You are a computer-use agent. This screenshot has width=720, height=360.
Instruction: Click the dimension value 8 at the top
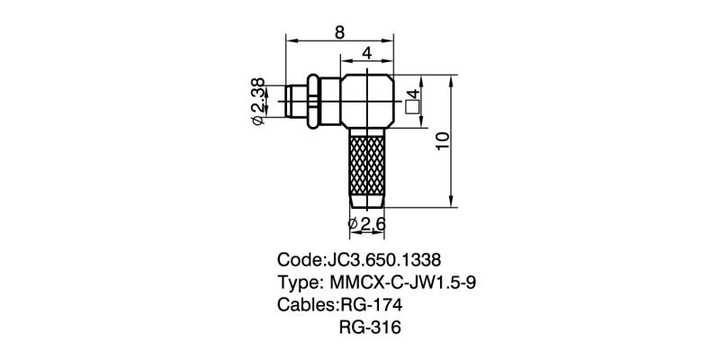(339, 32)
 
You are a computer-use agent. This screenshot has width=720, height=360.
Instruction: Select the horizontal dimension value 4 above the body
(367, 53)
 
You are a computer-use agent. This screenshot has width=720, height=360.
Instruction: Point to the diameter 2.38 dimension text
(257, 94)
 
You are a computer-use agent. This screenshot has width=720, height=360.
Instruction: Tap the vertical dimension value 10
(440, 141)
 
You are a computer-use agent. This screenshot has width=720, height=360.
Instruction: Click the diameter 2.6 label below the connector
(371, 222)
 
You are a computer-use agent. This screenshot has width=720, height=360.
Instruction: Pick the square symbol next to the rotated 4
(413, 107)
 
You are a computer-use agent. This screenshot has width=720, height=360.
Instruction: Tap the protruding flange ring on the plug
(311, 102)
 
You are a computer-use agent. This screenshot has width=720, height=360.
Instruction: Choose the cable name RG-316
(370, 327)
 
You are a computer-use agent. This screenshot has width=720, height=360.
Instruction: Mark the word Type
(299, 282)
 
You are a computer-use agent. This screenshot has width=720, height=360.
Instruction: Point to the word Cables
(306, 304)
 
